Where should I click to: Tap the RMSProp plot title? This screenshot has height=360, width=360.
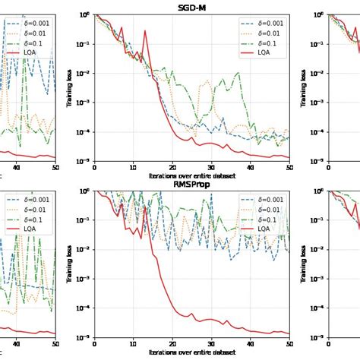[191, 184]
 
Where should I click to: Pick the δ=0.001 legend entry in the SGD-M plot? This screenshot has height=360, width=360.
[271, 23]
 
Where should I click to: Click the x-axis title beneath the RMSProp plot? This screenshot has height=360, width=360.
[191, 353]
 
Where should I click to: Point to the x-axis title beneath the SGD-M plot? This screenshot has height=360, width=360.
[191, 176]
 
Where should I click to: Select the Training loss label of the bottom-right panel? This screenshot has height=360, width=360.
[304, 264]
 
